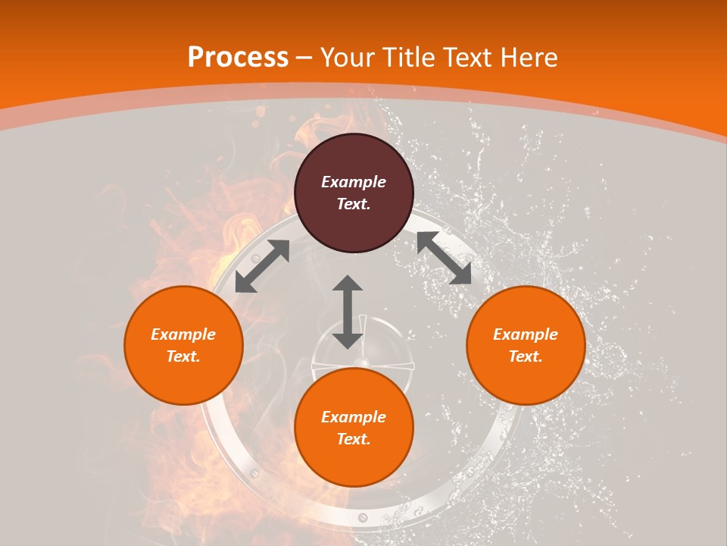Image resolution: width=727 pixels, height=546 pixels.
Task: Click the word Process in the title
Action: coord(238,58)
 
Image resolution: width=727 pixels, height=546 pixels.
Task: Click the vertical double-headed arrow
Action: coord(348,312)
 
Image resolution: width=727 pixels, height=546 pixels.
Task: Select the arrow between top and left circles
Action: coord(262,266)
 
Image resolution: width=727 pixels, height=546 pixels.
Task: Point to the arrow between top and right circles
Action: coord(444,259)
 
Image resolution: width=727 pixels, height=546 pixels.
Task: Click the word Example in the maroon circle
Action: coord(354,182)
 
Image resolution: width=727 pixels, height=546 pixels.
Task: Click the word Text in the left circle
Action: coord(183,356)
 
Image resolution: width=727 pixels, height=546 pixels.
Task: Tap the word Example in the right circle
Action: coord(526,334)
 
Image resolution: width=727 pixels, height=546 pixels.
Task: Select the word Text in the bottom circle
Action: coord(352,439)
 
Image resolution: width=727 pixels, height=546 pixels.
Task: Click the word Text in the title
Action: coord(470,58)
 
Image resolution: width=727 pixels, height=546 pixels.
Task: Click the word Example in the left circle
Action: coord(183,334)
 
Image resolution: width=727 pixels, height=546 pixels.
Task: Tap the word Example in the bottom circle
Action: coord(354,417)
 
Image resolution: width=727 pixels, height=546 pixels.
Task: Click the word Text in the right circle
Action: coord(525,356)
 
